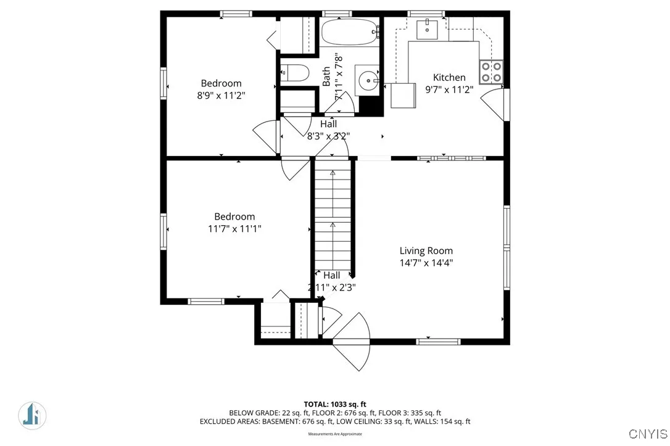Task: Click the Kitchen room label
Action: (449, 78)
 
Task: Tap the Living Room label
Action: (426, 250)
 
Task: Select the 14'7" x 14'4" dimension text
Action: (426, 262)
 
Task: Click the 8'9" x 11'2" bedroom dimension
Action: (221, 95)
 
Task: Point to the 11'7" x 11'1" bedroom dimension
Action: (234, 228)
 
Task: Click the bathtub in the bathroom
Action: (349, 31)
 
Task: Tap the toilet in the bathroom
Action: (295, 73)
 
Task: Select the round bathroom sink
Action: (370, 80)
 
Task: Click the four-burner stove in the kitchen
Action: (492, 72)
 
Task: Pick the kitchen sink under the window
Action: (427, 27)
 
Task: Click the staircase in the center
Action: (333, 216)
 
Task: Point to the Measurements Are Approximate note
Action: (334, 434)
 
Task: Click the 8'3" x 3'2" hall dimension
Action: (328, 136)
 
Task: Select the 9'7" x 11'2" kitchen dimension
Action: (449, 89)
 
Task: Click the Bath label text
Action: (326, 76)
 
